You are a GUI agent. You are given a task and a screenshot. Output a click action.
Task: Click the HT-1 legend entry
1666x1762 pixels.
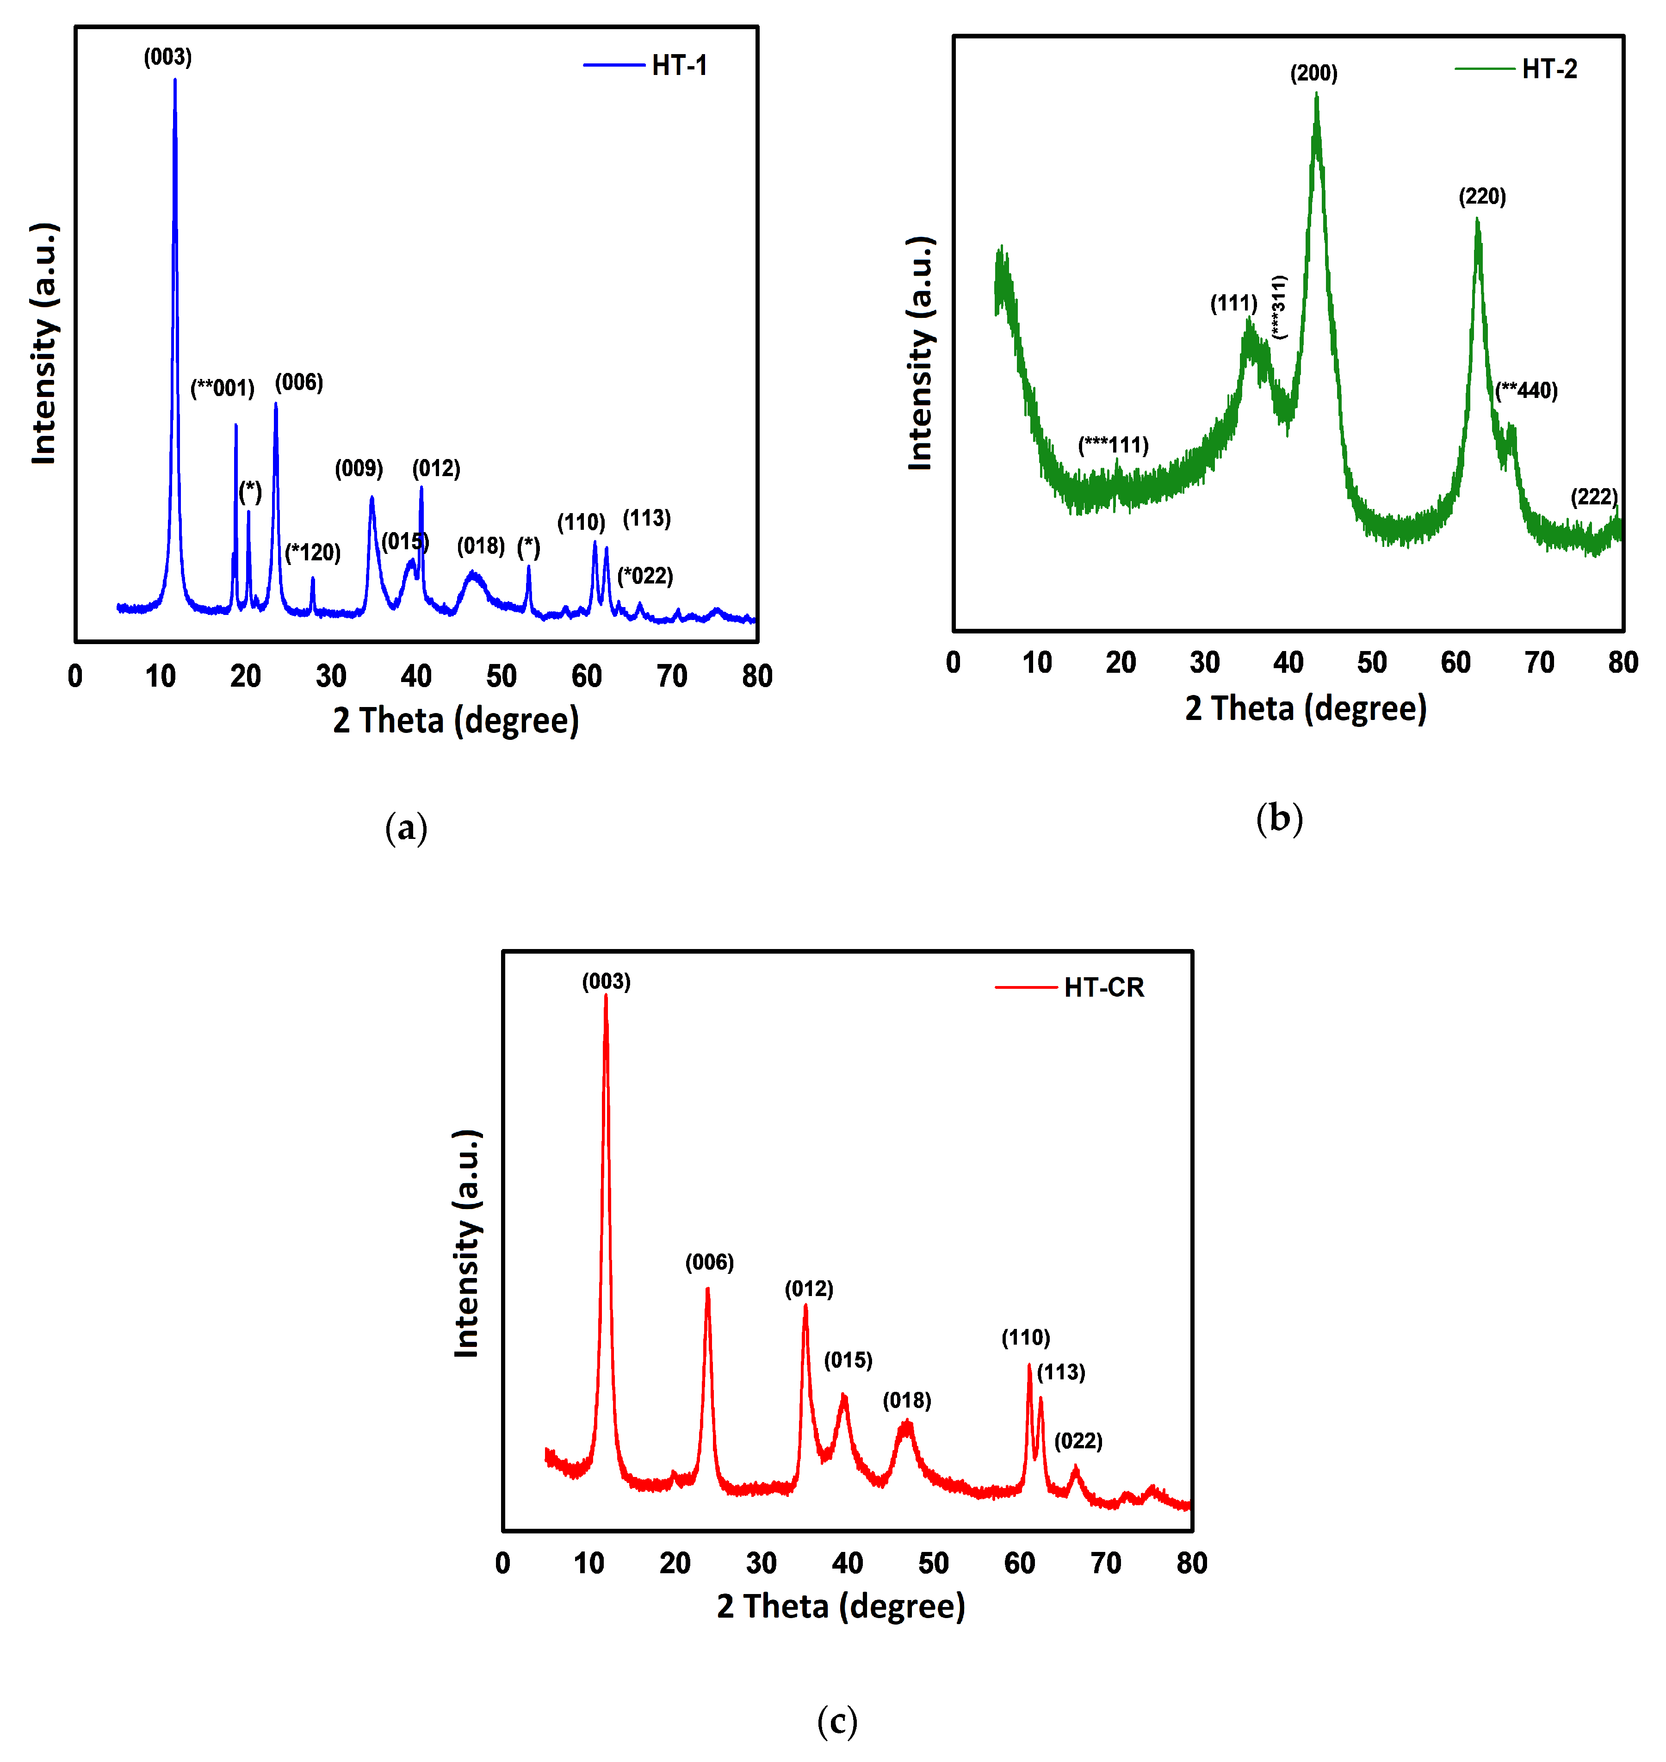[x=679, y=66]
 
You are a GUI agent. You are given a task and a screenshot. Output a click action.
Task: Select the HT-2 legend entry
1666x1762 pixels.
[x=1549, y=69]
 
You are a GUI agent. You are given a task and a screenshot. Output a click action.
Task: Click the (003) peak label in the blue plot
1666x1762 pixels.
[x=168, y=58]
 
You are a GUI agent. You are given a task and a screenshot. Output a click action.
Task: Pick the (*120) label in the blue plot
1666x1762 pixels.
[x=313, y=552]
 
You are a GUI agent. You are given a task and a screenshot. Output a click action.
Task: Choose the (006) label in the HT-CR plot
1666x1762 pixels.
[x=709, y=1262]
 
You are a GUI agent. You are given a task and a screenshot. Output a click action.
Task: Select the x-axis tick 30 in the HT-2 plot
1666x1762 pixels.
[x=1204, y=663]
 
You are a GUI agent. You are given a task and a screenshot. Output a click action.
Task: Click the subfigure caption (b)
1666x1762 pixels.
[x=1279, y=818]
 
